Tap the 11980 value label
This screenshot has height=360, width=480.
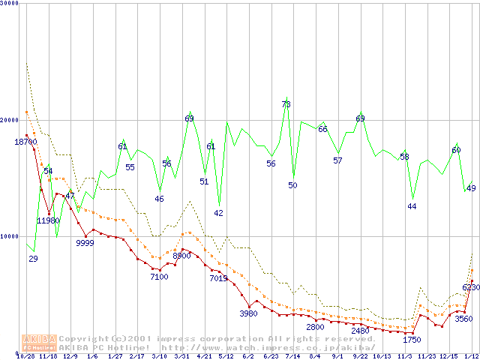tap(48, 220)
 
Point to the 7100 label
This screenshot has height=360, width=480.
tap(159, 277)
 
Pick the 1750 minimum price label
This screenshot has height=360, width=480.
tap(411, 340)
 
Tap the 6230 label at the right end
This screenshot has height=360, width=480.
tap(470, 288)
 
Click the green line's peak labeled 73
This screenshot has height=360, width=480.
tap(286, 104)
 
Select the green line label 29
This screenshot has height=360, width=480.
tap(33, 259)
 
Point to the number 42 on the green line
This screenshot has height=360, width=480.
tap(218, 213)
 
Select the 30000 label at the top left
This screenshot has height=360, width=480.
tap(10, 3)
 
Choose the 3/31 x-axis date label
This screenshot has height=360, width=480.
tap(181, 356)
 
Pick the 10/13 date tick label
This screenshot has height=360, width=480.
tap(382, 356)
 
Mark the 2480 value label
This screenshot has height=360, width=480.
tap(360, 331)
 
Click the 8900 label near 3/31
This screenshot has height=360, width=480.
tap(181, 256)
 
